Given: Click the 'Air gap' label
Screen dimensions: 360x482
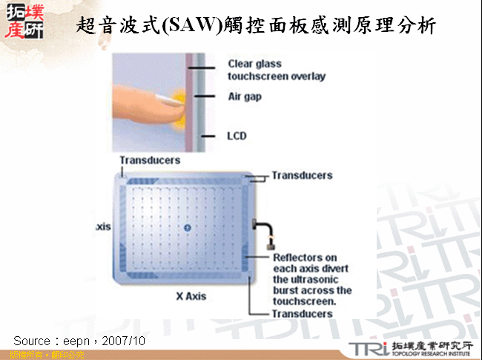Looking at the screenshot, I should (x=244, y=96).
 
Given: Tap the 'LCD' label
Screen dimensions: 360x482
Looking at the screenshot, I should (x=237, y=136).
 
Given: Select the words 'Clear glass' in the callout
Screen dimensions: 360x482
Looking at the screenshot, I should (x=255, y=64).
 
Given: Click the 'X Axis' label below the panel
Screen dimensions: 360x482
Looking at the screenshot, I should (x=191, y=295).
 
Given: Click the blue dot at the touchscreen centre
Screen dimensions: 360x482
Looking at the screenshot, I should (x=187, y=226).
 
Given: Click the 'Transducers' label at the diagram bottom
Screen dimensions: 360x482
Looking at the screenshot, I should (x=302, y=314).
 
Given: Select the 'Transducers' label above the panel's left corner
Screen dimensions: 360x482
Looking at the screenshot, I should (x=150, y=160).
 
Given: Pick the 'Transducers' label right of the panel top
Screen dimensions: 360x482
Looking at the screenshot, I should (x=302, y=176).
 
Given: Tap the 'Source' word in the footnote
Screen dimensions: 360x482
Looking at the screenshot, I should (x=32, y=340).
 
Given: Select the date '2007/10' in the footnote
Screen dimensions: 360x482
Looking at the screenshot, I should (x=126, y=340).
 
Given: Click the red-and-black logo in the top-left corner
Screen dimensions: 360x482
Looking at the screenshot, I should (x=24, y=20).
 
